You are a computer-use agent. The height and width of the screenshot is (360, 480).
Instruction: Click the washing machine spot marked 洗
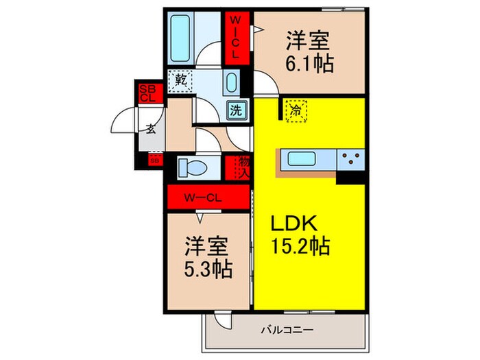pyautogui.click(x=235, y=109)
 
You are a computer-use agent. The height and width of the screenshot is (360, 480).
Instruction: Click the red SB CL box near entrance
pyautogui.click(x=147, y=93)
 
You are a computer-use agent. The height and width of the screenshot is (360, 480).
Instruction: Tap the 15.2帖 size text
pyautogui.click(x=300, y=245)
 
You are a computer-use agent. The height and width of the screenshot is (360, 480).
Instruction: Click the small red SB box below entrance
pyautogui.click(x=154, y=160)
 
